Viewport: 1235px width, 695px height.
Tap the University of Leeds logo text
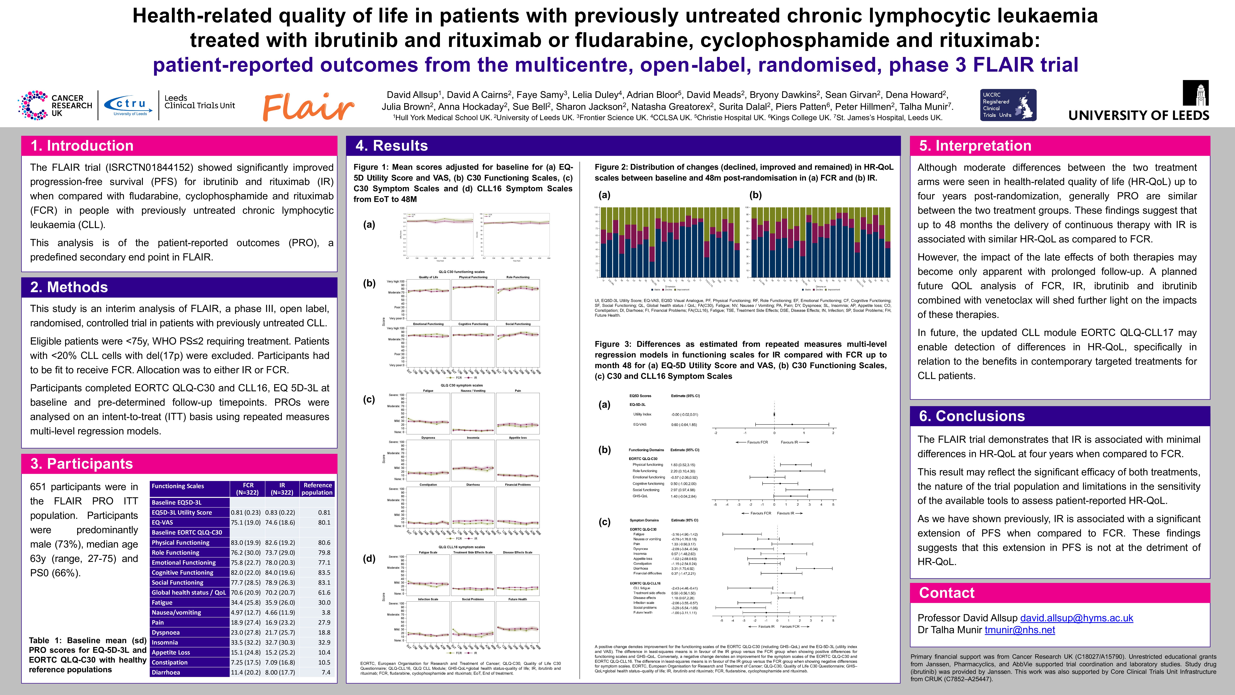[x=1139, y=115]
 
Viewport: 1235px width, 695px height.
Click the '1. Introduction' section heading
[x=82, y=146]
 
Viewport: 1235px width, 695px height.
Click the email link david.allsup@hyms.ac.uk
[x=1076, y=618]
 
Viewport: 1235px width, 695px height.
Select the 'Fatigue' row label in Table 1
[x=162, y=602]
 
